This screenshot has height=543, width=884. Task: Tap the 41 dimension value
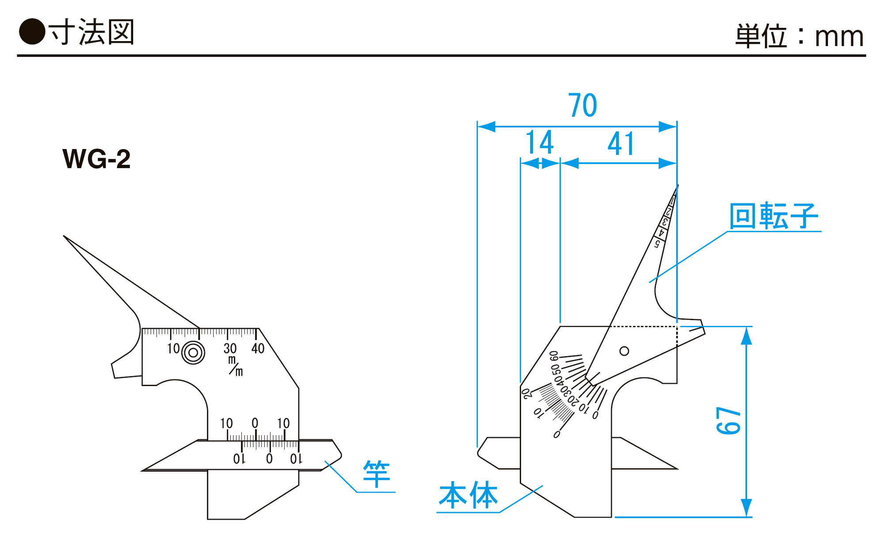click(x=621, y=144)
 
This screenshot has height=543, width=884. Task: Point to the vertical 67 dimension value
click(x=728, y=421)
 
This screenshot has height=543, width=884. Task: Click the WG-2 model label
click(x=96, y=159)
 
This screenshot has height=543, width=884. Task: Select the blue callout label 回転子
click(x=773, y=216)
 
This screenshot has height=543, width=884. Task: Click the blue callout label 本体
click(x=468, y=495)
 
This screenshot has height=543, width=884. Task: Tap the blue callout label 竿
click(x=376, y=474)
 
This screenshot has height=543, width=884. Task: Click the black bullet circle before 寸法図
click(x=32, y=32)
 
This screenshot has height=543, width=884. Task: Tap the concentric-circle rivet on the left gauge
click(x=193, y=353)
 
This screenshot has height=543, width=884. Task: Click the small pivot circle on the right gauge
click(x=624, y=351)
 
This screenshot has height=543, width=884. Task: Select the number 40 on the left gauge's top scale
click(x=258, y=348)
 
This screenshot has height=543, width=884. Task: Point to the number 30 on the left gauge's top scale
click(x=230, y=348)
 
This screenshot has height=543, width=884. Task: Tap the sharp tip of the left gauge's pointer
click(x=65, y=236)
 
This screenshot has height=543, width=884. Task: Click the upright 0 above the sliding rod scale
click(x=255, y=423)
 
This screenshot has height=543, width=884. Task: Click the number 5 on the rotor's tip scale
click(x=657, y=244)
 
